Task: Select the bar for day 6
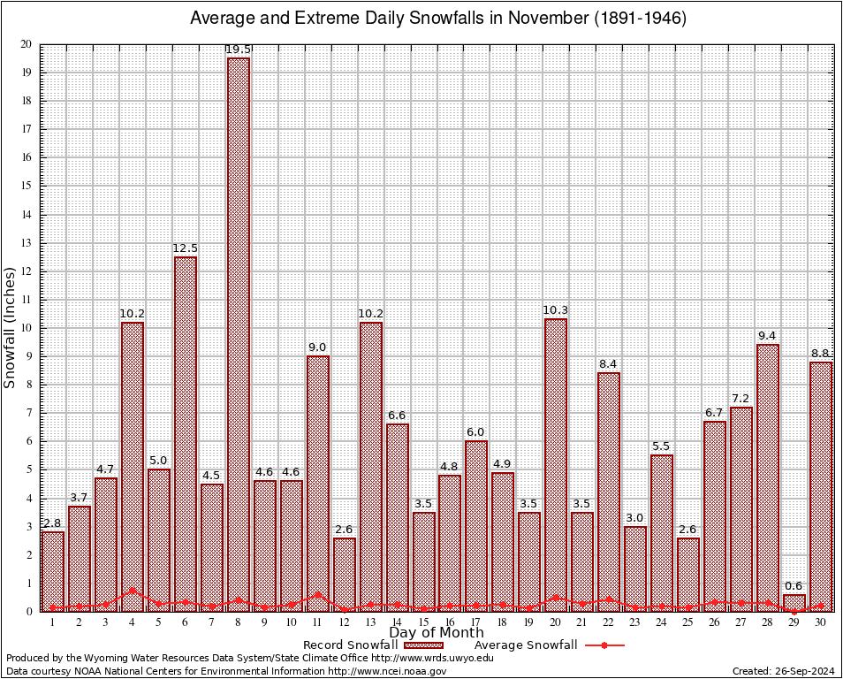coord(186,433)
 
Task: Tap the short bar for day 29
coord(794,602)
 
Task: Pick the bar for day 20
coord(556,464)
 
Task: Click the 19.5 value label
coord(239,50)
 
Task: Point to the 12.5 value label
coord(186,248)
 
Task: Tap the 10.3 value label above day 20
coord(556,310)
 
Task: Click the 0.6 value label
coord(794,585)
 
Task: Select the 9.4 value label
coord(768,336)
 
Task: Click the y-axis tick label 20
coord(27,44)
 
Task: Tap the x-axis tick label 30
coord(821,622)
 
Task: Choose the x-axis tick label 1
coord(53,622)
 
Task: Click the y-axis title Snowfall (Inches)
coord(11,327)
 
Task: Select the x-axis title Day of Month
coord(437,633)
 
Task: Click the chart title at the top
coord(438,19)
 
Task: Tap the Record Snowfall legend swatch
coord(422,645)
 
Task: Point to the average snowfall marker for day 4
coord(133,591)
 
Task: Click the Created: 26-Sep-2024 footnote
coord(784,671)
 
